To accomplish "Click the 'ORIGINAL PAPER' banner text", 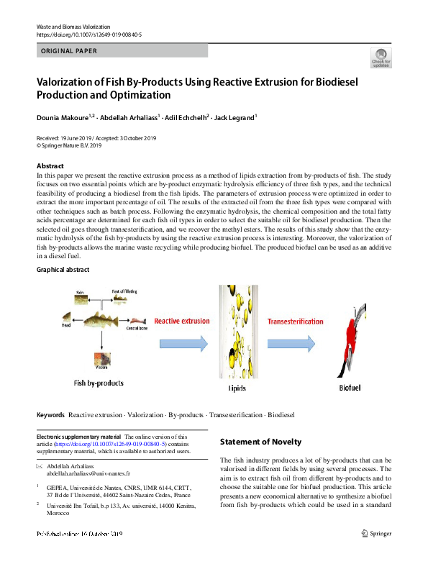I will pyautogui.click(x=69, y=51).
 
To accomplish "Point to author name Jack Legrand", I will pyautogui.click(x=235, y=117).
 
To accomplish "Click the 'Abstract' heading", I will pyautogui.click(x=50, y=166).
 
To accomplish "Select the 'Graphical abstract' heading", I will pyautogui.click(x=63, y=270).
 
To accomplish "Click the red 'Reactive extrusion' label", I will pyautogui.click(x=182, y=321).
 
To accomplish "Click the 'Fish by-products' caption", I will pyautogui.click(x=99, y=382).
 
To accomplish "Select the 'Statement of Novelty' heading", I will pyautogui.click(x=260, y=442).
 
